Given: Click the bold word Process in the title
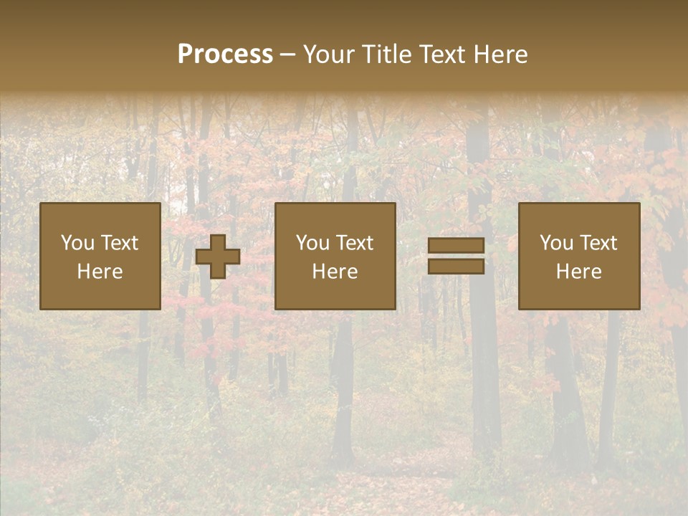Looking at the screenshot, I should click(225, 54).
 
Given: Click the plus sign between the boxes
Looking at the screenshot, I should click(218, 257).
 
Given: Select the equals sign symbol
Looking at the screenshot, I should click(456, 256).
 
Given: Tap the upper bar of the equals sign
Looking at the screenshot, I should click(456, 246).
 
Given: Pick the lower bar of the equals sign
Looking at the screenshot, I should click(456, 267).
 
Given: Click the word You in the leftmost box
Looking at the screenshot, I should click(77, 243).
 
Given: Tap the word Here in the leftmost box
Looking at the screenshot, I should click(100, 272).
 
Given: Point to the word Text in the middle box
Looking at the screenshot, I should click(355, 243).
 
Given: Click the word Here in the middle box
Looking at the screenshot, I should click(335, 272).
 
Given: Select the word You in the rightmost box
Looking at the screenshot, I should click(556, 243).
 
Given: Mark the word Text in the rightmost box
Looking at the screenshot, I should click(598, 243).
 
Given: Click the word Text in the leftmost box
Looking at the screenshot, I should click(120, 243).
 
